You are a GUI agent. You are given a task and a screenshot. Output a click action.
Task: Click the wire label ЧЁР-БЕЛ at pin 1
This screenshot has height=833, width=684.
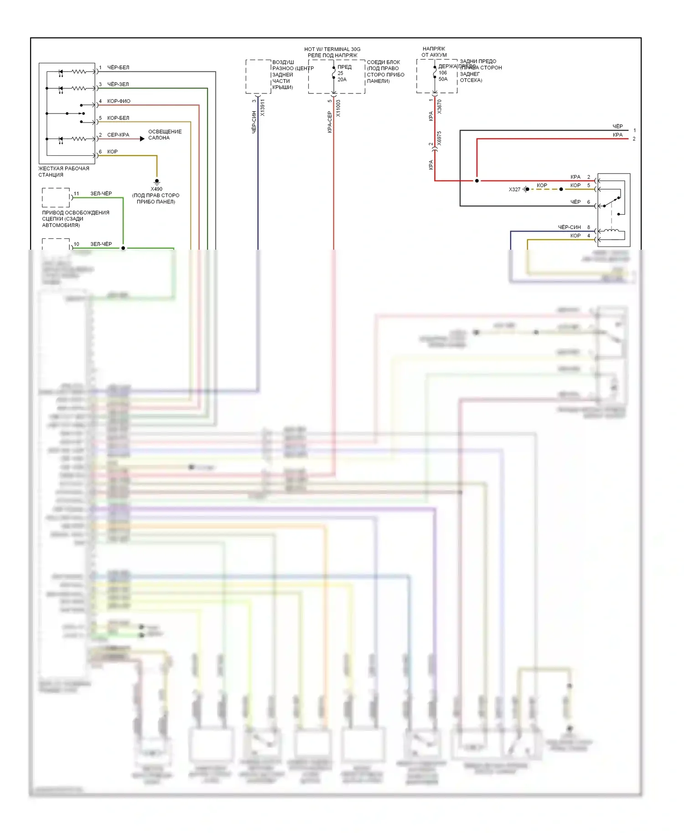pyautogui.click(x=118, y=67)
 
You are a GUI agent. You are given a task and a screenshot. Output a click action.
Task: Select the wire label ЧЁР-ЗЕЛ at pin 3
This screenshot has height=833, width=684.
pyautogui.click(x=118, y=84)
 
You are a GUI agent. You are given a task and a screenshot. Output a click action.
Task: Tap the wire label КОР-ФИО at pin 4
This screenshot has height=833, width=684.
pyautogui.click(x=119, y=101)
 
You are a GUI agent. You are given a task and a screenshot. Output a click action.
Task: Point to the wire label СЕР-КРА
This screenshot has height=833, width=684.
pyautogui.click(x=118, y=135)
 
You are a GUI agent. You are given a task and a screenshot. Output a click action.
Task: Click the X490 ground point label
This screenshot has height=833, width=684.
pyautogui.click(x=156, y=189)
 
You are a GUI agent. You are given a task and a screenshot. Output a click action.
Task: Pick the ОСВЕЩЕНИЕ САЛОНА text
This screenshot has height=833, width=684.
pyautogui.click(x=165, y=135)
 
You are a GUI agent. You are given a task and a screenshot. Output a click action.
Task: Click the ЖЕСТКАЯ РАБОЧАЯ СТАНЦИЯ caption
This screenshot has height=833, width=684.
pyautogui.click(x=63, y=172)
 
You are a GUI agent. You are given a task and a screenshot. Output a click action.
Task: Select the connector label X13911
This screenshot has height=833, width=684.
pyautogui.click(x=263, y=108)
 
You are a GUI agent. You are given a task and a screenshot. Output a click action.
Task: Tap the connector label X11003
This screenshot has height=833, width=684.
pyautogui.click(x=338, y=108)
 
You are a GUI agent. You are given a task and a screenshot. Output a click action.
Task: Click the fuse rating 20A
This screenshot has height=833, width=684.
pyautogui.click(x=342, y=80)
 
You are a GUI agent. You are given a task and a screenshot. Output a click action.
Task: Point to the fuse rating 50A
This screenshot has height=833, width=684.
pyautogui.click(x=443, y=79)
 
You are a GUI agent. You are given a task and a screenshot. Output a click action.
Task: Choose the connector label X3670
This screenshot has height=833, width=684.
pyautogui.click(x=439, y=107)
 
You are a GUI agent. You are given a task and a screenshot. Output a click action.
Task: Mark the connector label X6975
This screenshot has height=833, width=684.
pyautogui.click(x=439, y=138)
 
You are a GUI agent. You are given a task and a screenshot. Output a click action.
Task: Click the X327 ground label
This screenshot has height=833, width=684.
pyautogui.click(x=514, y=190)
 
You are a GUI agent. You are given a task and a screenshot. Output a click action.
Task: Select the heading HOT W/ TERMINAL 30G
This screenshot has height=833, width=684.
pyautogui.click(x=332, y=49)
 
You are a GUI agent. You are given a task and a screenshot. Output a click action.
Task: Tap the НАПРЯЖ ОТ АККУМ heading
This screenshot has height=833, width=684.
pyautogui.click(x=434, y=52)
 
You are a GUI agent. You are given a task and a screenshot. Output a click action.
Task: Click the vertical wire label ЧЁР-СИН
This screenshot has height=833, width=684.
pyautogui.click(x=254, y=122)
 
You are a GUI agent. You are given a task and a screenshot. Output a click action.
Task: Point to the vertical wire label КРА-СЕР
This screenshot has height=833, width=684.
pyautogui.click(x=329, y=122)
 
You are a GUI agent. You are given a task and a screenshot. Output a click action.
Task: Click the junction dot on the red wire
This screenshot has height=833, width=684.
pyautogui.click(x=477, y=181)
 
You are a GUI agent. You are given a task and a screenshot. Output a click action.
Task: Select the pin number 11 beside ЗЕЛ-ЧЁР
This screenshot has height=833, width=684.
pyautogui.click(x=76, y=194)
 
